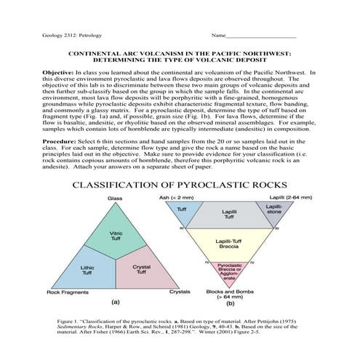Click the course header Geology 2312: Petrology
click(70, 35)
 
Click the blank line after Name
click(261, 36)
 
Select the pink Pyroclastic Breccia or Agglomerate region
click(230, 271)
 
